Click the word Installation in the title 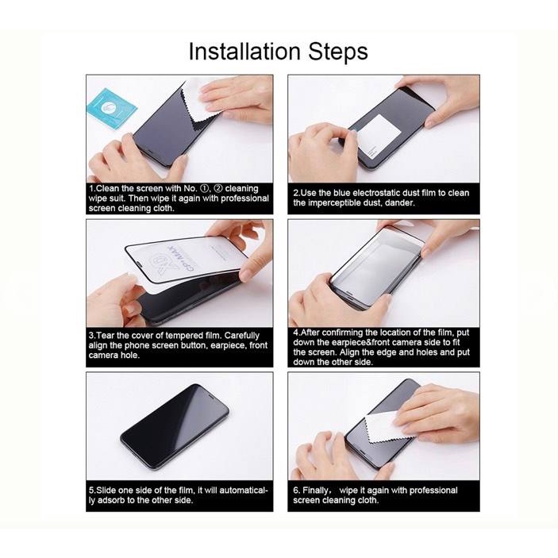point(244,52)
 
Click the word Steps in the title point(338,52)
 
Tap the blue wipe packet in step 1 point(110,108)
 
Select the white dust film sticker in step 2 point(379,137)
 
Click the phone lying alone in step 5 point(175,428)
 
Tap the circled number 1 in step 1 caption point(204,189)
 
